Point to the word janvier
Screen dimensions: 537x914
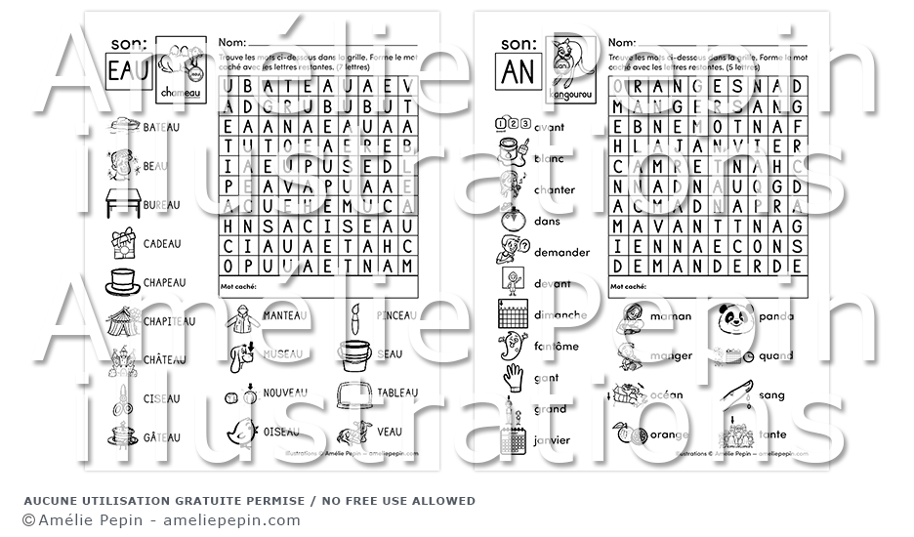point(553,440)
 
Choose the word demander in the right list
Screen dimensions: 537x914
point(561,252)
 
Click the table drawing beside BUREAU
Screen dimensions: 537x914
point(122,204)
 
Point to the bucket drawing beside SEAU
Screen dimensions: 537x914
point(355,353)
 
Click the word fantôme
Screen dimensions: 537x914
point(557,347)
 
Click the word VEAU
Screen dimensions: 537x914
point(390,431)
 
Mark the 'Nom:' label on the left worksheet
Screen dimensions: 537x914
point(231,43)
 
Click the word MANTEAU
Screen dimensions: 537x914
point(284,316)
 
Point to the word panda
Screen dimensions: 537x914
point(776,316)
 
